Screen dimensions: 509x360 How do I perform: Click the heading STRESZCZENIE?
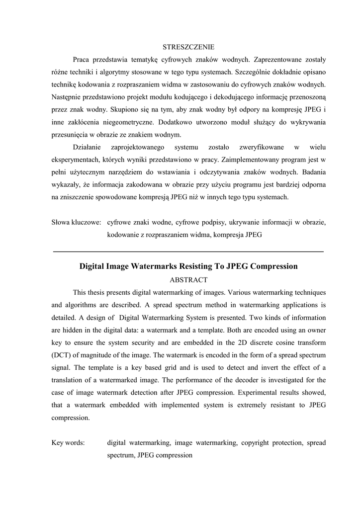click(x=188, y=48)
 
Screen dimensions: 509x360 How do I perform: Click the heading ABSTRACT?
click(x=188, y=280)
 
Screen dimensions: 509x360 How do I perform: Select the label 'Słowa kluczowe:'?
click(x=77, y=223)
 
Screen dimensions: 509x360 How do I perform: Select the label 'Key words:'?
click(x=68, y=442)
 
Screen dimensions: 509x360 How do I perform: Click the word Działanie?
click(x=87, y=147)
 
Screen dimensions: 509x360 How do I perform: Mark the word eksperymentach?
click(x=75, y=160)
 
